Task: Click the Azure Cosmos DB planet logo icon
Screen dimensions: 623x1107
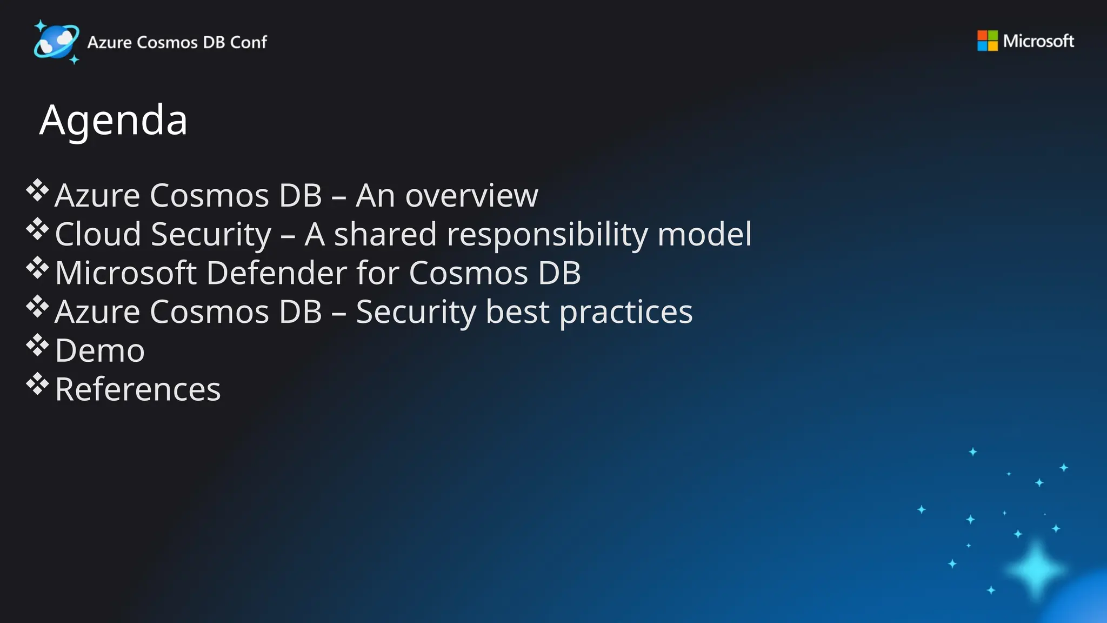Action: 56,42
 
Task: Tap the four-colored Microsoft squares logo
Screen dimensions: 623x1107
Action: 987,41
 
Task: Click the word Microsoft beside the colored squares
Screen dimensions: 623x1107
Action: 1038,41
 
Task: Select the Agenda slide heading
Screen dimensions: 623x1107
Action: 114,120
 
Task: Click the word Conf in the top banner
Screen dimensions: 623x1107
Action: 248,42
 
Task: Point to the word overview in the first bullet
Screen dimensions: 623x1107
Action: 471,195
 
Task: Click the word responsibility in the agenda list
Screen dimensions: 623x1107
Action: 547,235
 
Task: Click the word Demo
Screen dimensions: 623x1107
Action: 100,350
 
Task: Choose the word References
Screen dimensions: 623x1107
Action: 138,389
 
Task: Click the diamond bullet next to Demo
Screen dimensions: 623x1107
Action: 37,346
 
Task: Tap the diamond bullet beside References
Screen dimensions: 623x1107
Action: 37,384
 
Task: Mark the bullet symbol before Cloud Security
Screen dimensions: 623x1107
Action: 37,229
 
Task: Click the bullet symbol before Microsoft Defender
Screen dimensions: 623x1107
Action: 37,268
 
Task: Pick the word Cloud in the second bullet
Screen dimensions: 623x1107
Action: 98,234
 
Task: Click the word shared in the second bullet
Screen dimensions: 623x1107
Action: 385,234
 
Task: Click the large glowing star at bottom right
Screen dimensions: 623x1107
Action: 1036,569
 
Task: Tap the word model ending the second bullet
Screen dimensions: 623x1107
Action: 704,234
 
